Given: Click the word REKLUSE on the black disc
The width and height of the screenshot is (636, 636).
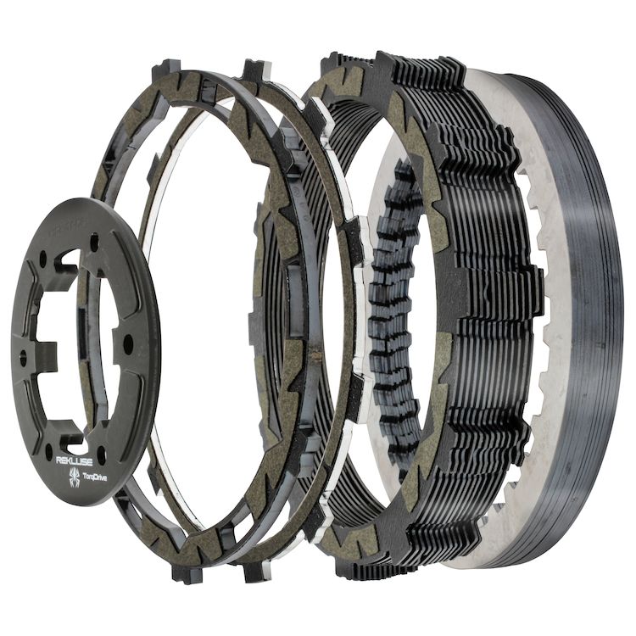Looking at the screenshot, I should (77, 460).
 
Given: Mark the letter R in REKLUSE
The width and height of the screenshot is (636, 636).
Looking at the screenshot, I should (59, 461).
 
